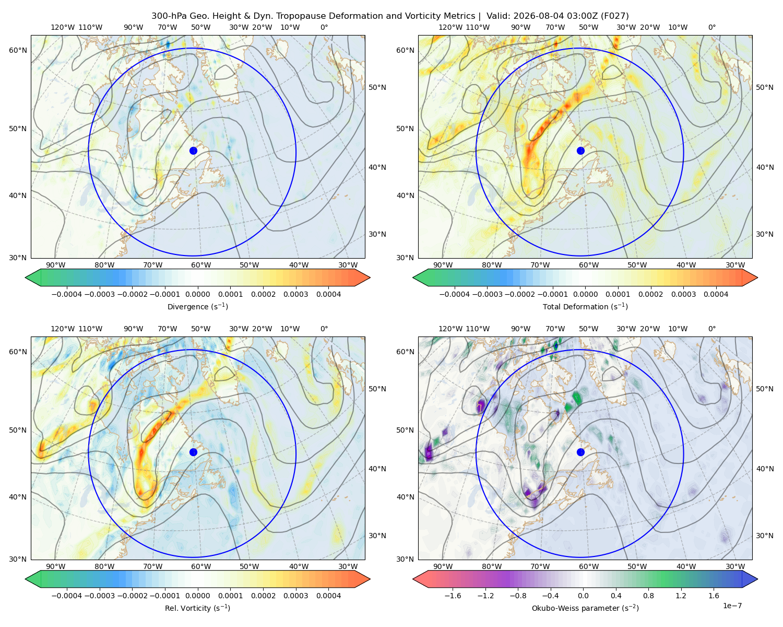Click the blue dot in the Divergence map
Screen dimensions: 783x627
pos(193,150)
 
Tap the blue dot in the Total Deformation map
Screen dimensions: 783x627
pos(580,150)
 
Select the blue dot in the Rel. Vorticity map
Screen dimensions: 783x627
pos(193,452)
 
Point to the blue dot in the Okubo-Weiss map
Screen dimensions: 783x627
pos(580,452)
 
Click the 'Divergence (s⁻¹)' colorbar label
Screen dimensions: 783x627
pos(197,306)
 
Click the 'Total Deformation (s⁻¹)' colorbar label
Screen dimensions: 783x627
pos(585,306)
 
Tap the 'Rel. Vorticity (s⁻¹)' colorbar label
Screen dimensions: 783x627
pos(197,608)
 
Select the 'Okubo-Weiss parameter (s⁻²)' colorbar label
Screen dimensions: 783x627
pos(585,608)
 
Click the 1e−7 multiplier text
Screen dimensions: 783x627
pos(732,606)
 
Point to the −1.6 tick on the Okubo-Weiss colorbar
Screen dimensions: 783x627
pos(453,595)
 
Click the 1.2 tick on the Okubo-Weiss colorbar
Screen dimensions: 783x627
pos(681,595)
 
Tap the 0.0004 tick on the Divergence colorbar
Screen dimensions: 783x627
pos(328,294)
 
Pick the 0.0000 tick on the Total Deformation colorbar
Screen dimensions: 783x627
pos(585,294)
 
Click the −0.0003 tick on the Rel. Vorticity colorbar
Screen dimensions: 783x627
pos(99,595)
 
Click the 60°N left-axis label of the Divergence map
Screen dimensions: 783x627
pos(18,50)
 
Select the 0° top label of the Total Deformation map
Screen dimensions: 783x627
pos(711,27)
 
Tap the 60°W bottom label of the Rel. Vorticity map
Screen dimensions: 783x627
pos(201,566)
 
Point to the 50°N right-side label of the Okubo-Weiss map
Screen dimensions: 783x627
pos(764,388)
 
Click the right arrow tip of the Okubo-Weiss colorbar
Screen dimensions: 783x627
pos(757,579)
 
